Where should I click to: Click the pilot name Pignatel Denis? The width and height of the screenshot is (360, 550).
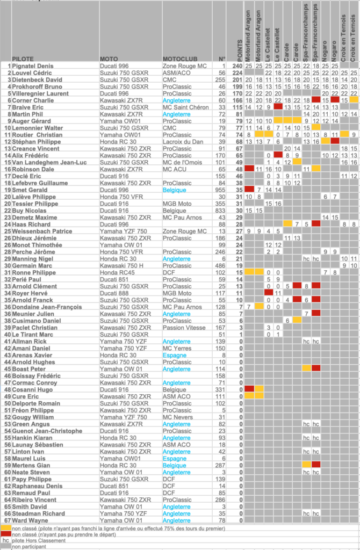tap(32, 66)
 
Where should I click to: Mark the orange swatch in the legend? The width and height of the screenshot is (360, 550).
tap(5, 529)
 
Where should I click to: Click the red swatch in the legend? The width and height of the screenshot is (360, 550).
tap(5, 534)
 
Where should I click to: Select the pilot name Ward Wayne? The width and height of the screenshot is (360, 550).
tap(30, 520)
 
